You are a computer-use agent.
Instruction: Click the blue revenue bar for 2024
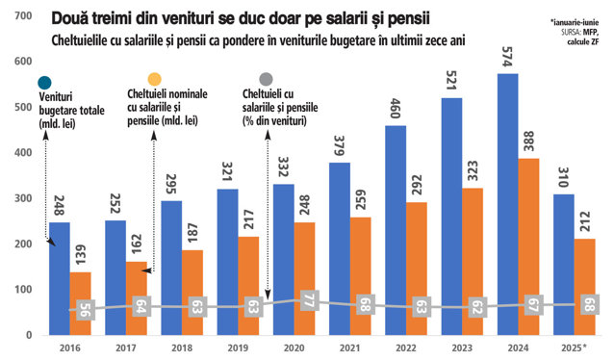(x=508, y=204)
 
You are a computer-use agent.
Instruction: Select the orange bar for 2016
(x=80, y=303)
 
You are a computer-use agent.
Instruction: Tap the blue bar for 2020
(x=284, y=259)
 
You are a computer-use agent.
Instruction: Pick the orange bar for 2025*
(x=584, y=287)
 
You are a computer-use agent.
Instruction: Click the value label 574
(x=507, y=57)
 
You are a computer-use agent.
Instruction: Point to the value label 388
(x=528, y=141)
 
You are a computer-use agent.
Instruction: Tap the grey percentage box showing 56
(x=85, y=310)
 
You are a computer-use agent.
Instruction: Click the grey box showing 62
(x=476, y=307)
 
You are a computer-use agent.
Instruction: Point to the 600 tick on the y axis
(x=23, y=62)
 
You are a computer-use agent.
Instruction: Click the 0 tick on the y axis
(x=29, y=335)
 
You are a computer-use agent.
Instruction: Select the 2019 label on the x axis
(x=238, y=347)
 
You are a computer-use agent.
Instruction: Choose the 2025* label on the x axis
(x=574, y=347)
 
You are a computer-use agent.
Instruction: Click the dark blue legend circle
(x=44, y=83)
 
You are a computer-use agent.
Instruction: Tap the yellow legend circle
(x=154, y=79)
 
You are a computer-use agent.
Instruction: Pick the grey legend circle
(x=266, y=79)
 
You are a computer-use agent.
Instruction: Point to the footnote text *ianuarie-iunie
(x=574, y=23)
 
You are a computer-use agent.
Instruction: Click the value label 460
(x=395, y=109)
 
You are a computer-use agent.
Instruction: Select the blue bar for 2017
(x=115, y=278)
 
